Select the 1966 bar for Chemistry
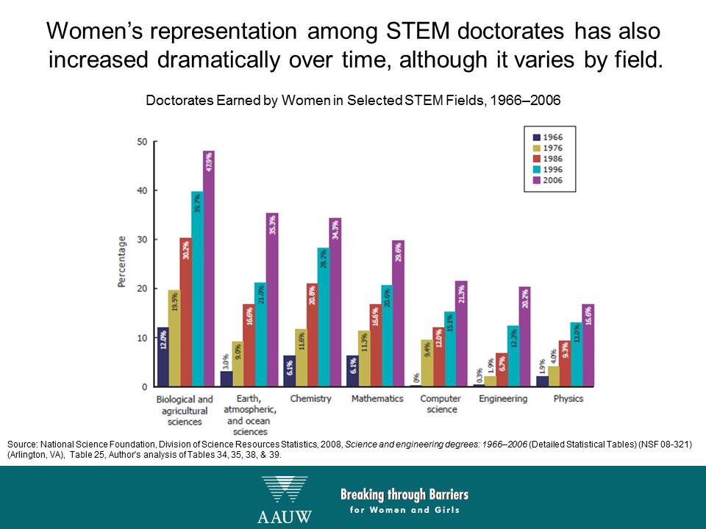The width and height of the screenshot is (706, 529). [x=290, y=371]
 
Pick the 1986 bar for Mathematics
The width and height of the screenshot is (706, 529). [x=376, y=345]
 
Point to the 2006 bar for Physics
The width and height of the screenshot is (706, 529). [x=588, y=345]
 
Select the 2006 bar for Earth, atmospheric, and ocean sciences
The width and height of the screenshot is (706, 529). [x=271, y=300]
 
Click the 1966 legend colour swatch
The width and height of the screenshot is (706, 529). [x=537, y=137]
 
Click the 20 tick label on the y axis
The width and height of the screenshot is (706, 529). [x=143, y=289]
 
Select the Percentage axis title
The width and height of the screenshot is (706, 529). [x=121, y=262]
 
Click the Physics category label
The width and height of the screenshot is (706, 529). [x=568, y=399]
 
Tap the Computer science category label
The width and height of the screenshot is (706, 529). [x=441, y=404]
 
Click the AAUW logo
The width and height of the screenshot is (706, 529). [x=285, y=500]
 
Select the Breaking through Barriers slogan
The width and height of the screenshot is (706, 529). [x=404, y=500]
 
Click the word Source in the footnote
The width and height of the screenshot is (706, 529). [x=21, y=445]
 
